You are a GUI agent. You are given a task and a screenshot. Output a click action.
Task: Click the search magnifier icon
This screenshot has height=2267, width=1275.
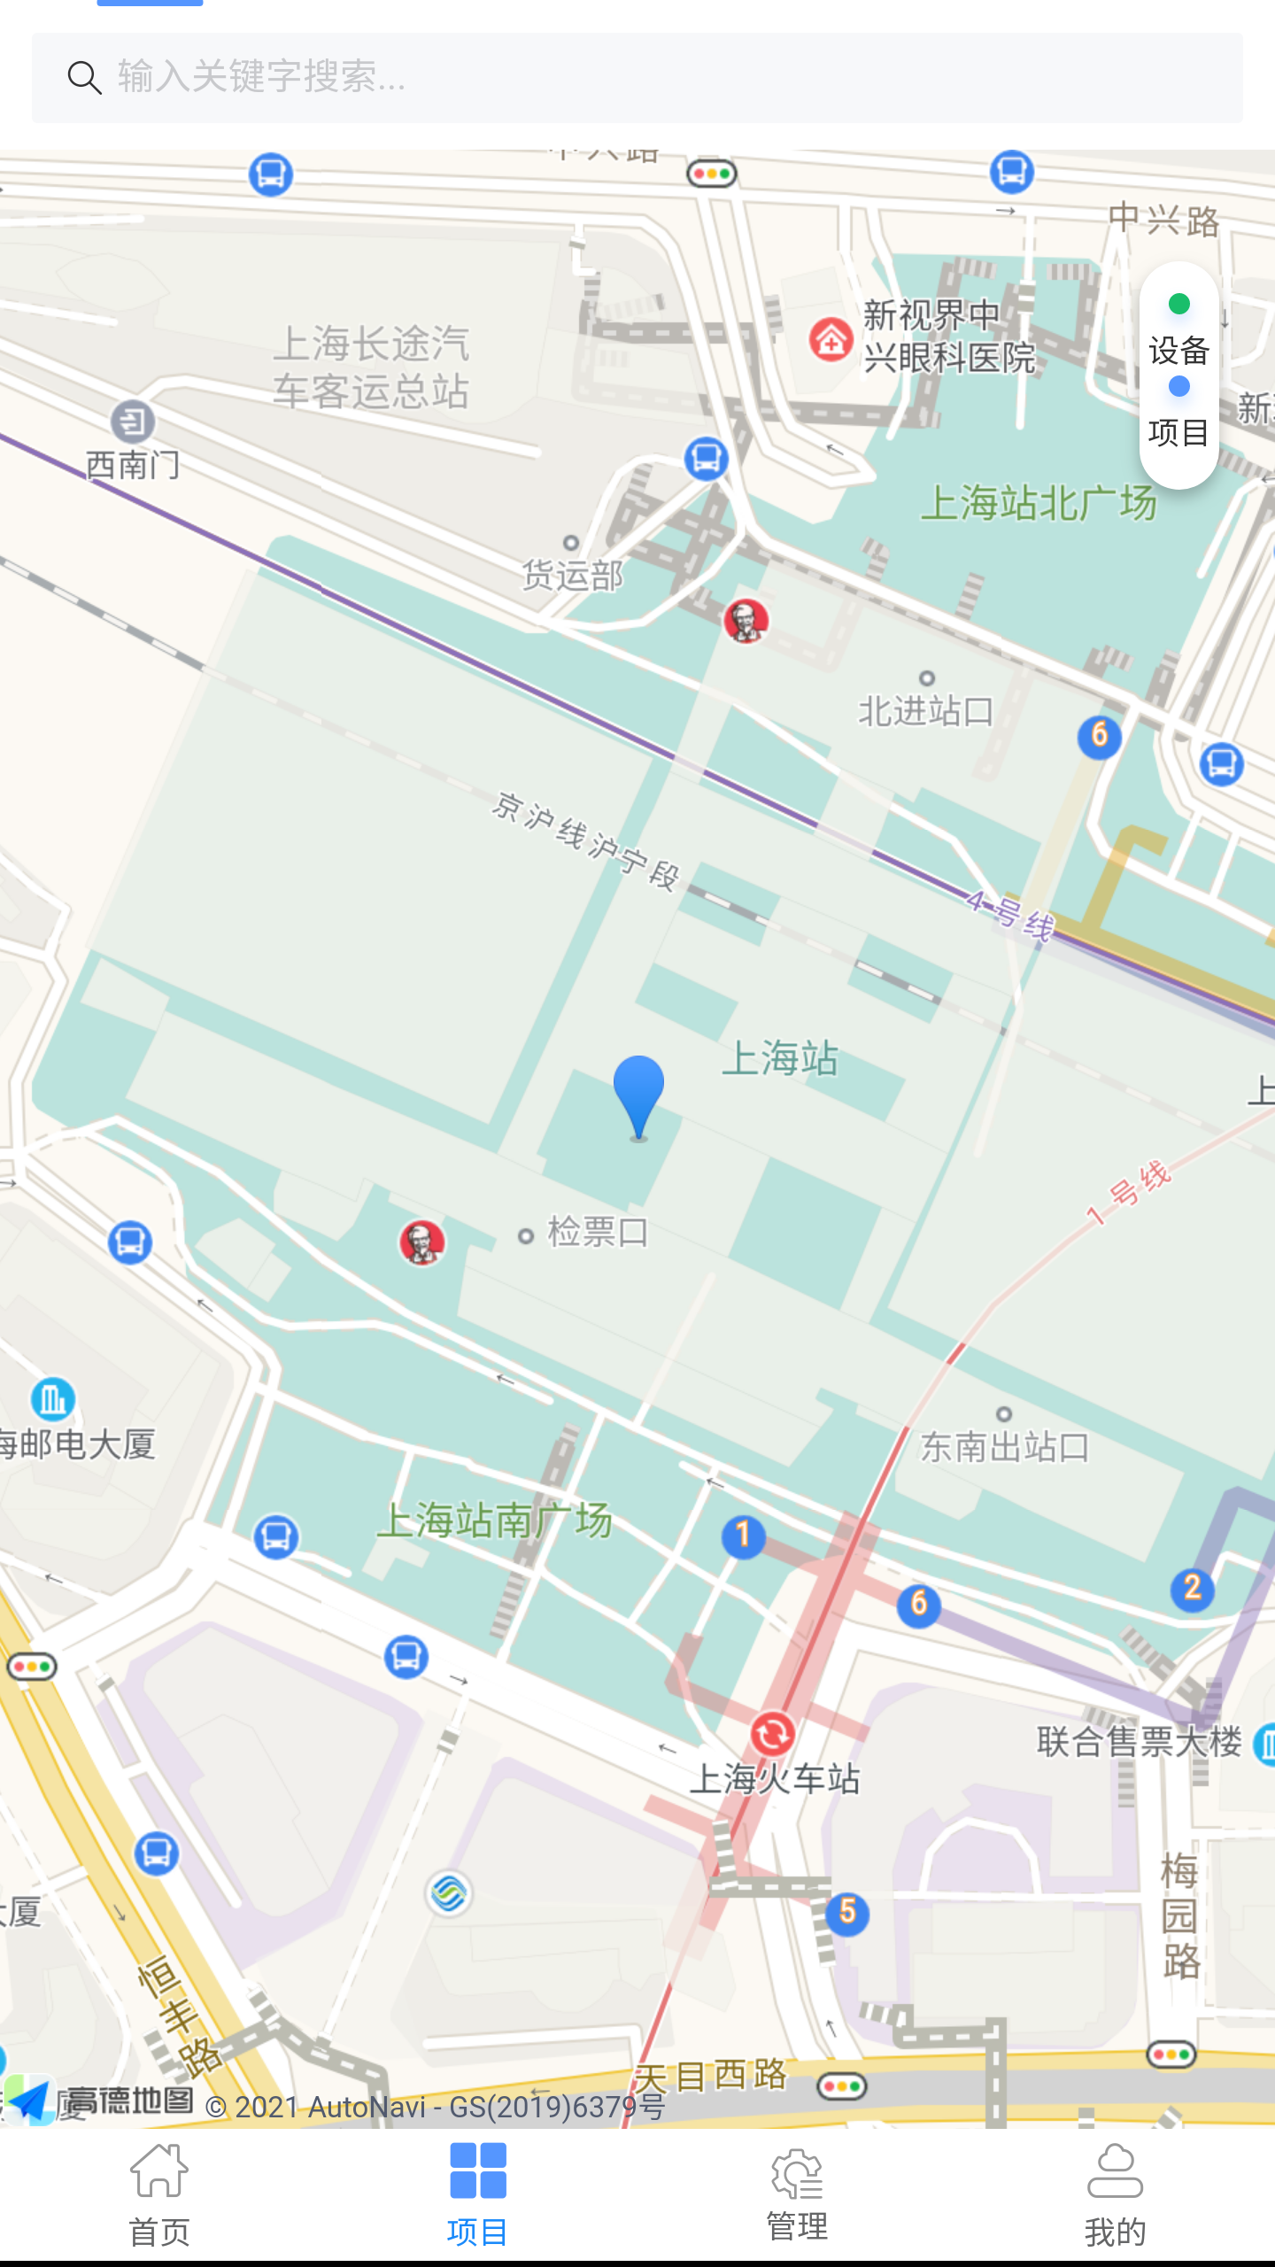click(x=85, y=78)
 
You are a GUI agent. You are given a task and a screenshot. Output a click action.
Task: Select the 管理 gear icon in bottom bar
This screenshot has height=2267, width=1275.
click(x=797, y=2174)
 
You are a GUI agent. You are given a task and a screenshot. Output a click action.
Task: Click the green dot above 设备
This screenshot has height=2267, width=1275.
click(x=1178, y=305)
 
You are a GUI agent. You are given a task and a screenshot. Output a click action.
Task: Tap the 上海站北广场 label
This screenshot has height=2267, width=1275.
click(x=1039, y=503)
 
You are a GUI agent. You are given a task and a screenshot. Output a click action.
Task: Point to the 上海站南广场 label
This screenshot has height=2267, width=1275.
click(x=494, y=1520)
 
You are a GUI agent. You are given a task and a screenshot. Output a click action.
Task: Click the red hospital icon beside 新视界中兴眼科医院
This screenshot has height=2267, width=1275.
click(x=831, y=339)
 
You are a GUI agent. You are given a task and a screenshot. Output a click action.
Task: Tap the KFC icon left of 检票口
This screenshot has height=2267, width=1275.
click(x=422, y=1242)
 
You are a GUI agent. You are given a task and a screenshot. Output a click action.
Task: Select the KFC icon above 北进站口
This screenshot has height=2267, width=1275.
click(x=746, y=620)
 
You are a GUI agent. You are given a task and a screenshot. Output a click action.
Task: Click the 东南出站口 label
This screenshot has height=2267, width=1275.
click(x=1005, y=1447)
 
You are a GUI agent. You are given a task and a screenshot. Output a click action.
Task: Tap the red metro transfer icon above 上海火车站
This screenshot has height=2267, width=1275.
click(x=772, y=1734)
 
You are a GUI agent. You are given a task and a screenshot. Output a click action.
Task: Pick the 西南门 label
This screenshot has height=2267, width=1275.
click(x=133, y=465)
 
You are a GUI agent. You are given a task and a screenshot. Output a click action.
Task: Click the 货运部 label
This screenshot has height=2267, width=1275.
click(x=573, y=576)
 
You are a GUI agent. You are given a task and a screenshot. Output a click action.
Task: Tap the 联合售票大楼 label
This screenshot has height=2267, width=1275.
click(x=1140, y=1742)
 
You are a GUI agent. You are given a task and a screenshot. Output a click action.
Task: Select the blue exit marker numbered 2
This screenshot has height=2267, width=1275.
click(x=1192, y=1588)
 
